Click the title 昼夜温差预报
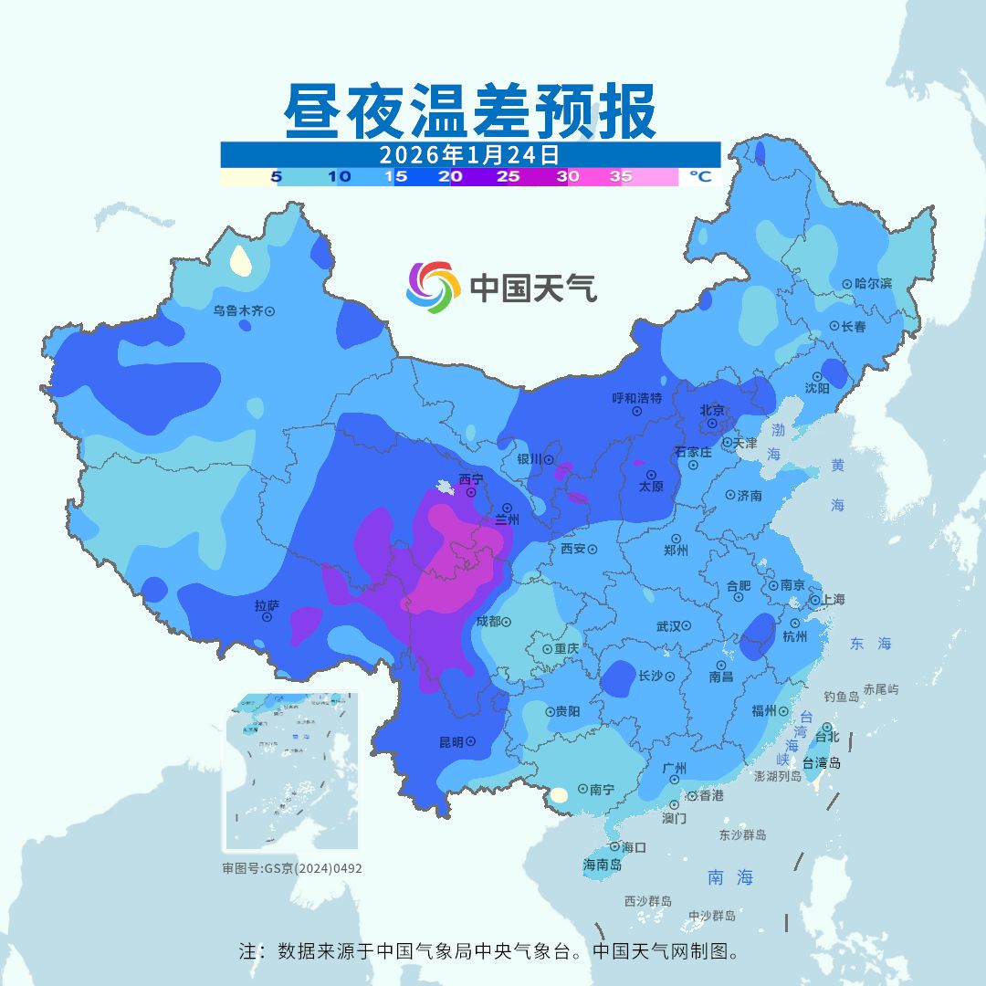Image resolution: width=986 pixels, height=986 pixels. click(x=470, y=111)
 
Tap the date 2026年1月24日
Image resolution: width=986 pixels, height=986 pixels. click(x=469, y=154)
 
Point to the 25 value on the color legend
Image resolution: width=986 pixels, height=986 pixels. click(x=508, y=177)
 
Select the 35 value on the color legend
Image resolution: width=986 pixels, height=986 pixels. click(x=621, y=177)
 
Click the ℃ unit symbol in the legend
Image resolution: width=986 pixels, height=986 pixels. click(x=699, y=177)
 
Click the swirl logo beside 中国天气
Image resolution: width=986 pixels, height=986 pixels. click(x=433, y=288)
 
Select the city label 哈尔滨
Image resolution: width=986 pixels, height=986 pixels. click(x=873, y=284)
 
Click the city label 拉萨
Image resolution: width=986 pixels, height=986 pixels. click(x=267, y=605)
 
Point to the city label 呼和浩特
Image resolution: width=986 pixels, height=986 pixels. click(x=636, y=398)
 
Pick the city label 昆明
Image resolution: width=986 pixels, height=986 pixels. click(x=451, y=742)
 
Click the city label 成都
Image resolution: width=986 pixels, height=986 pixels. click(x=488, y=622)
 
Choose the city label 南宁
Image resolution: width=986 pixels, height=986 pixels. click(x=602, y=790)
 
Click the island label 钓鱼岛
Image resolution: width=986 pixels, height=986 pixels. click(x=841, y=697)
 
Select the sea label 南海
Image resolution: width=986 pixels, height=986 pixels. click(x=730, y=877)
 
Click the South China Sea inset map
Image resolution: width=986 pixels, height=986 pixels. click(x=291, y=771)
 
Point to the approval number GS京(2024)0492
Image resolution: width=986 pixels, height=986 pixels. click(x=291, y=868)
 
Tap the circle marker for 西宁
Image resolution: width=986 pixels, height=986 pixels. click(x=471, y=492)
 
